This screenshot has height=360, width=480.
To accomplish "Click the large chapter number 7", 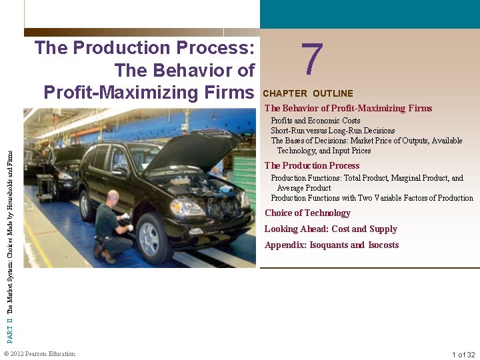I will tap(312, 59).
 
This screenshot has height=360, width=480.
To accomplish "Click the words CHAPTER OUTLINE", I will tap(308, 93).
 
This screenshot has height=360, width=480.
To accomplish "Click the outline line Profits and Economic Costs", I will tap(315, 121).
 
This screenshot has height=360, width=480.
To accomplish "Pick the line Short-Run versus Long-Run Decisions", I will tap(333, 131).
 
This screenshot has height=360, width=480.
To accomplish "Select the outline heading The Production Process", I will tap(312, 165).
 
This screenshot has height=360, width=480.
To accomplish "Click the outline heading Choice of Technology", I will tap(307, 213).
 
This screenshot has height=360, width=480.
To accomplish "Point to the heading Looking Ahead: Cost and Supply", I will tap(331, 229).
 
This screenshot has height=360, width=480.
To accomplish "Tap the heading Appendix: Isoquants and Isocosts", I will tap(331, 245).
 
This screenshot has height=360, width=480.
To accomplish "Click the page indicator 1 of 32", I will tap(463, 355).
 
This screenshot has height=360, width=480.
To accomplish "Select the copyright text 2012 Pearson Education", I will tap(42, 354).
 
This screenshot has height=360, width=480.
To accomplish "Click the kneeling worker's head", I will tap(113, 197).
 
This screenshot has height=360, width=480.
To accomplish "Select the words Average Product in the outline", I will tap(303, 188).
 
